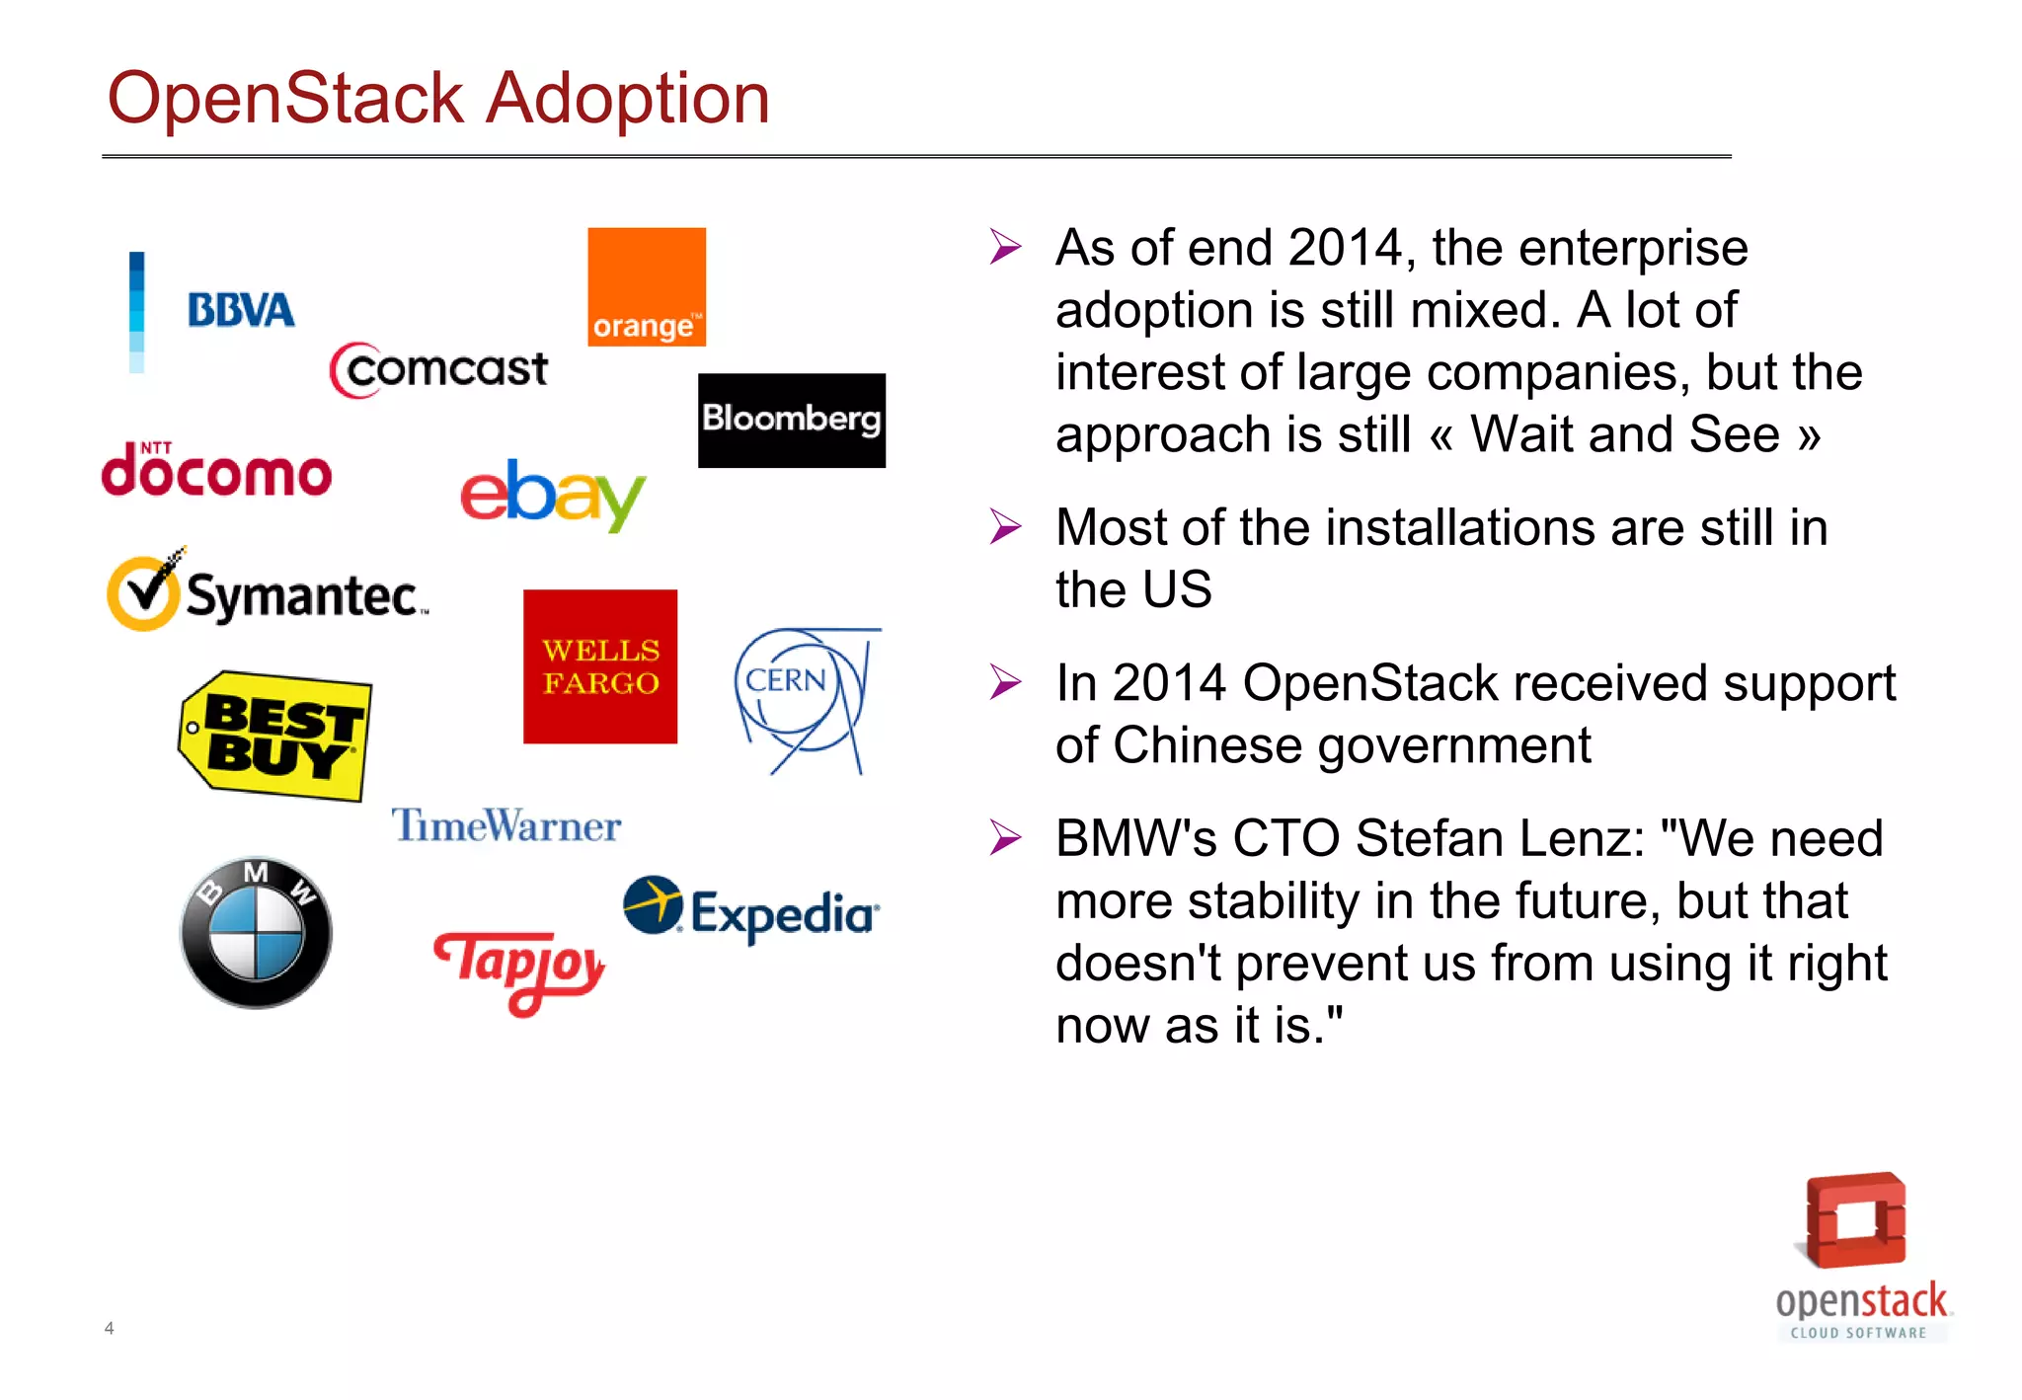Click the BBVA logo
tap(240, 310)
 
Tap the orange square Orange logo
tap(647, 287)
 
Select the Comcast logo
tap(439, 370)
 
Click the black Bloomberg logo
tap(791, 421)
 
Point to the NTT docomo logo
tap(216, 471)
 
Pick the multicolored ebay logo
tap(553, 495)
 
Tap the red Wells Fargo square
tap(600, 666)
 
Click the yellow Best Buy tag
tap(276, 736)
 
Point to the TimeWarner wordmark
tap(506, 825)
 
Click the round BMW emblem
tap(256, 933)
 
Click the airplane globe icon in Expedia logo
tap(653, 904)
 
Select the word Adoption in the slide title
tap(628, 100)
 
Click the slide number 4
tap(109, 1328)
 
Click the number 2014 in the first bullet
tap(1345, 248)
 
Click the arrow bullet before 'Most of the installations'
tap(1005, 527)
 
